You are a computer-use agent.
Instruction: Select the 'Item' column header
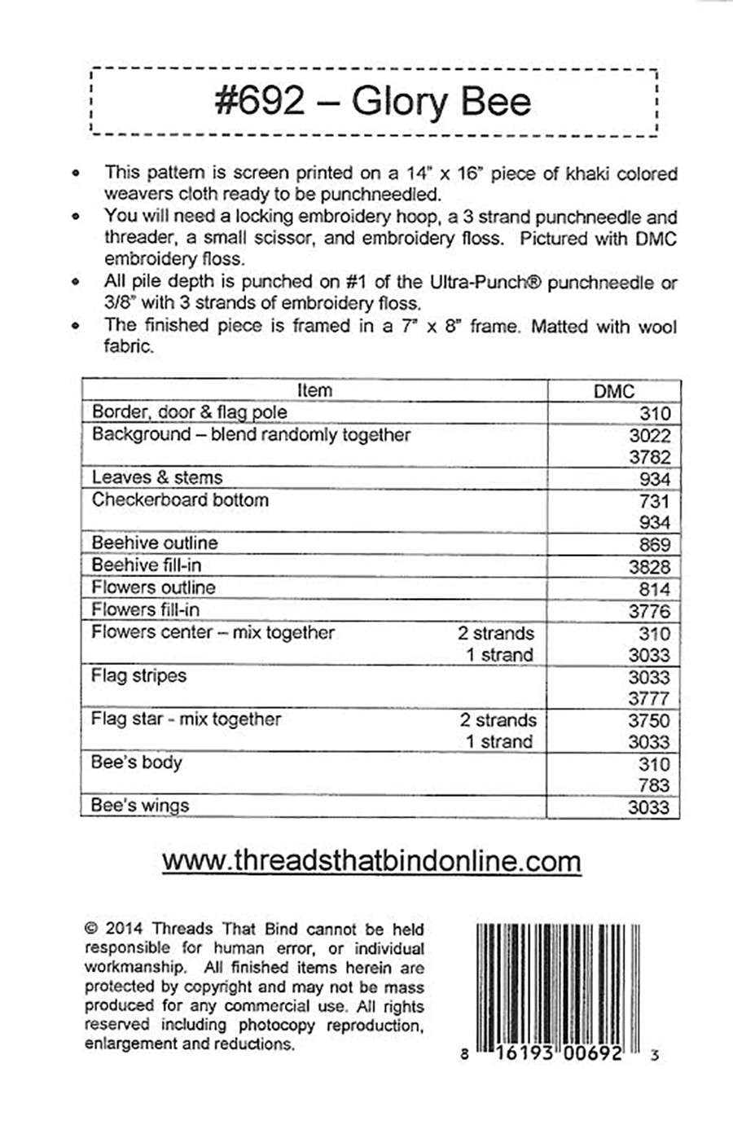pos(314,390)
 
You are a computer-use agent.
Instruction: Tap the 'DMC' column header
pos(613,392)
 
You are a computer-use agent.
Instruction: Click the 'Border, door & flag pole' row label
pos(189,412)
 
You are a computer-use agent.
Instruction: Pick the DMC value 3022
pos(649,436)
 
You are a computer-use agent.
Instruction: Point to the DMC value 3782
pos(649,457)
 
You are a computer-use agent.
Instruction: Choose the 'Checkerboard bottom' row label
pos(180,499)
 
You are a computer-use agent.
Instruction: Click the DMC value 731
pos(654,501)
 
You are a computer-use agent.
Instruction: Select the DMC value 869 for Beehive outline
pos(654,544)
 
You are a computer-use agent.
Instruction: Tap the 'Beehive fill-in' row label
pos(147,565)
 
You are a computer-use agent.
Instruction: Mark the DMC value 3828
pos(649,567)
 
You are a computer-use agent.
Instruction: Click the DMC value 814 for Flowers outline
pos(654,588)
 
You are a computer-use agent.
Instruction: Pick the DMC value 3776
pos(649,611)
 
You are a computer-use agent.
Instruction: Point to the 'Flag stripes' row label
pos(139,675)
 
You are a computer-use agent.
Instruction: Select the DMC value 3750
pos(649,720)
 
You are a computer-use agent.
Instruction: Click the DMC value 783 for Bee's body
pos(654,785)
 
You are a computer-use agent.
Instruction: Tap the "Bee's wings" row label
pos(140,806)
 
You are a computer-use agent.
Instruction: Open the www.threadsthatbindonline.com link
pos(371,861)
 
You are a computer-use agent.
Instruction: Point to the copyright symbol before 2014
pos(91,929)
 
